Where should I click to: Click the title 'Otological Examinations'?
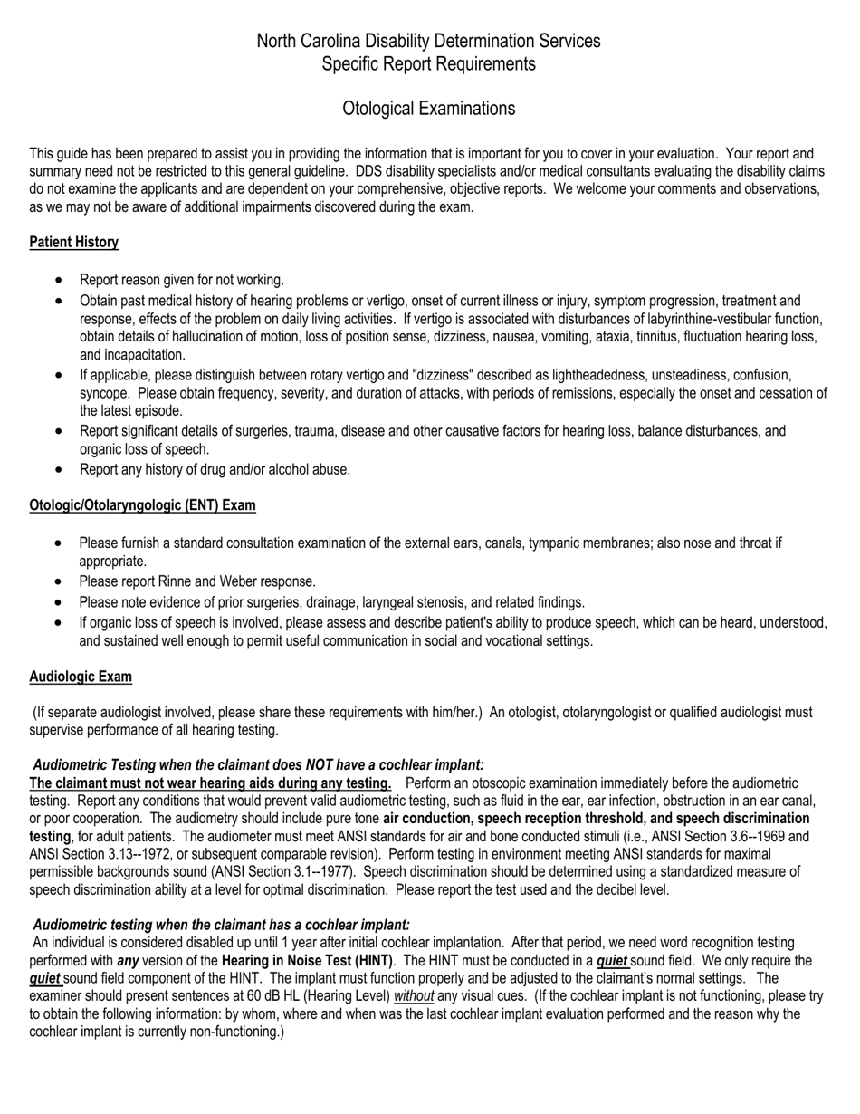tap(428, 109)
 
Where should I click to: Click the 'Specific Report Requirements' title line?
tap(428, 64)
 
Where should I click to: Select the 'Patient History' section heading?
tap(73, 243)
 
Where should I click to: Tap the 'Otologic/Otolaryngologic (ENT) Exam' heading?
tap(142, 505)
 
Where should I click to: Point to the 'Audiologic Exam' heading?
tap(81, 677)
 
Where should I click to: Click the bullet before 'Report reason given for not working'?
tap(60, 280)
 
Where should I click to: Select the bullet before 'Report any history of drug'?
tap(60, 469)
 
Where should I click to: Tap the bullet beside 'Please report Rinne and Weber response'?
tap(60, 581)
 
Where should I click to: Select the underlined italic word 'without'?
tap(414, 996)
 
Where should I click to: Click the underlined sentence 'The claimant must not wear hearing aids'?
tap(210, 783)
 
